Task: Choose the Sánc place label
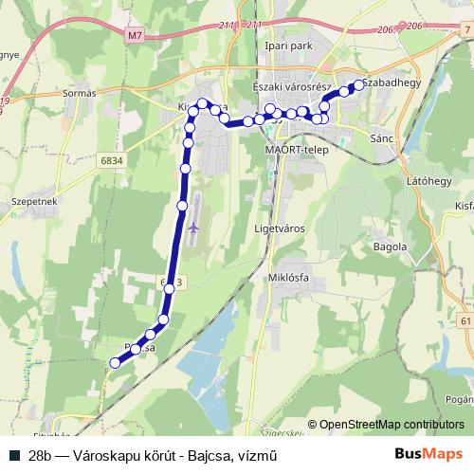(x=382, y=138)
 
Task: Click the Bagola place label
(x=392, y=246)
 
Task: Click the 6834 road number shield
(x=111, y=162)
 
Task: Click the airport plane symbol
(x=194, y=228)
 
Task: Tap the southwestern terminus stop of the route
(x=116, y=362)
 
